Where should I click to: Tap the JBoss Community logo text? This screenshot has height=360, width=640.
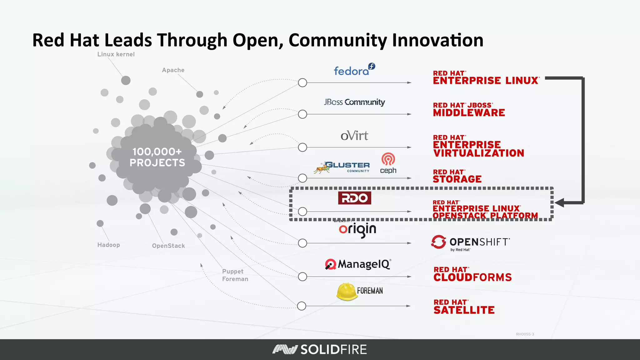[354, 102]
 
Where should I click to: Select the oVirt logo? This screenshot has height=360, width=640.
[354, 136]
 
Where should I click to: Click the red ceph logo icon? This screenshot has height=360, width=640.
[388, 159]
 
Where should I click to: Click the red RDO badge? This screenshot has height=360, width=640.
[354, 198]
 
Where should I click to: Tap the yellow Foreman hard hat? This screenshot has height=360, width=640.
[346, 291]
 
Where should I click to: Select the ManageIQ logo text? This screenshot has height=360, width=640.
[364, 264]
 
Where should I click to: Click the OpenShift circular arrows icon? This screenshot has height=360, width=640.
[438, 242]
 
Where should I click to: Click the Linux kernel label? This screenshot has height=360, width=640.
[116, 54]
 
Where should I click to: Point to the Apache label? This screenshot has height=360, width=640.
[173, 70]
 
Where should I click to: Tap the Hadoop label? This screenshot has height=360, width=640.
[108, 245]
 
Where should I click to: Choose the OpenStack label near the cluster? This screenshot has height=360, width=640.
[168, 246]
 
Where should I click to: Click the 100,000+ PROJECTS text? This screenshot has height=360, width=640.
[157, 157]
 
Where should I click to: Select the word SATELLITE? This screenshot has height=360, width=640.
[464, 310]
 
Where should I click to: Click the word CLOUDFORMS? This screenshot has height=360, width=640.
[472, 277]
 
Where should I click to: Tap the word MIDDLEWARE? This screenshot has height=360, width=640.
[469, 113]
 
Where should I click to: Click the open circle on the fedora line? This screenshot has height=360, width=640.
[302, 83]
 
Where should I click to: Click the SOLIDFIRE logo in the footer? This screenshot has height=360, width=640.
[319, 349]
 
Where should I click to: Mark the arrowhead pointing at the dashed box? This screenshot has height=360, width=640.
[560, 203]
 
